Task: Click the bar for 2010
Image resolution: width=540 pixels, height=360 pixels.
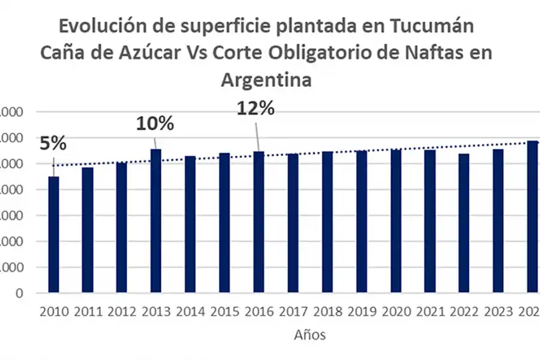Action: [53, 235]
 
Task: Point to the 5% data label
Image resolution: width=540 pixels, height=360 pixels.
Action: [53, 144]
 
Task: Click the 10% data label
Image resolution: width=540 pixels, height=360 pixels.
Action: [155, 124]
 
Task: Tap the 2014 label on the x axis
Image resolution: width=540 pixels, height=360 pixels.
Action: [190, 311]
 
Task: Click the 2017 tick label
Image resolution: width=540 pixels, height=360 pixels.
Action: [293, 311]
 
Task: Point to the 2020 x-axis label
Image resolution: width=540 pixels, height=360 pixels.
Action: [395, 311]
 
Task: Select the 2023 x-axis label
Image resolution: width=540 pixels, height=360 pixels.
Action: [498, 311]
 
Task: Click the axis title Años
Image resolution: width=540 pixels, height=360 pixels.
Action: [310, 335]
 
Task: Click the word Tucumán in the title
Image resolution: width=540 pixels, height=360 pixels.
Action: [431, 26]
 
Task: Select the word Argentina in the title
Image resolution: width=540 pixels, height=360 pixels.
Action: [266, 79]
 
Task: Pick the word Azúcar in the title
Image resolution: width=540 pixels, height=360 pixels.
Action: [146, 53]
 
